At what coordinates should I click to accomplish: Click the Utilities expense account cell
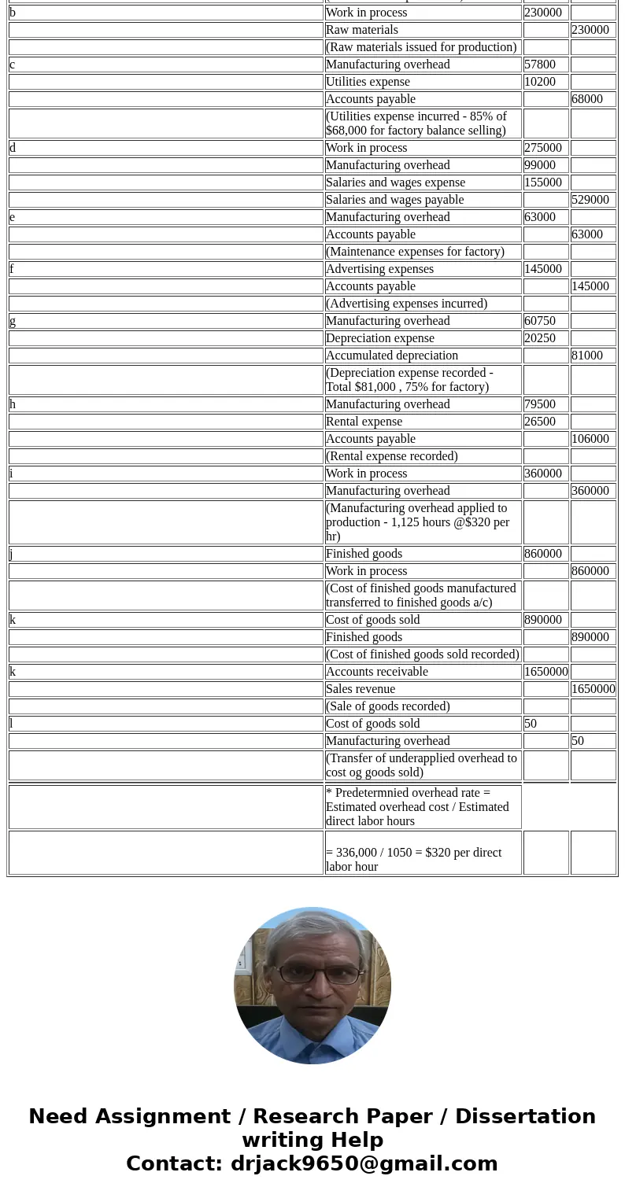click(368, 82)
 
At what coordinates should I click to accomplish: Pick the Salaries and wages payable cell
click(394, 200)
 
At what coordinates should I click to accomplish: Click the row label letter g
click(13, 321)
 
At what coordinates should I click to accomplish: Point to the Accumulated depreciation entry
click(391, 356)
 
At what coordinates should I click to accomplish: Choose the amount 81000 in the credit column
click(587, 356)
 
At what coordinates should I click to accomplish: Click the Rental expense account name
click(364, 422)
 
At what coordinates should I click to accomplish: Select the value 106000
click(590, 439)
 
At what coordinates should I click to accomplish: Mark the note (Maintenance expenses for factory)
click(415, 252)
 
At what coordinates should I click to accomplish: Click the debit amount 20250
click(540, 338)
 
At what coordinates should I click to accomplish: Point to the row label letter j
click(12, 554)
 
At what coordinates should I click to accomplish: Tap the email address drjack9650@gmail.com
click(364, 1163)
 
